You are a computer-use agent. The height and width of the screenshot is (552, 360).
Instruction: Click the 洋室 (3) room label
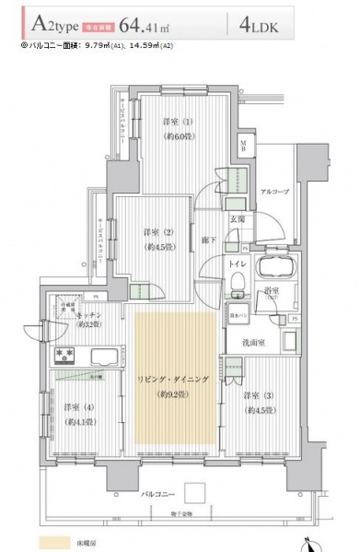pos(257,397)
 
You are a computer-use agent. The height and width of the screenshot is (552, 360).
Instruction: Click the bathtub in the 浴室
pos(275,271)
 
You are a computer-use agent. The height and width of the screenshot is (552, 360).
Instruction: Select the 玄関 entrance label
pos(237,220)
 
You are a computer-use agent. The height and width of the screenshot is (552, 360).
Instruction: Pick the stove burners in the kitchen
pos(66,353)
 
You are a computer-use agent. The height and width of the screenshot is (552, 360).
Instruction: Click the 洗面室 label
pos(267,343)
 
